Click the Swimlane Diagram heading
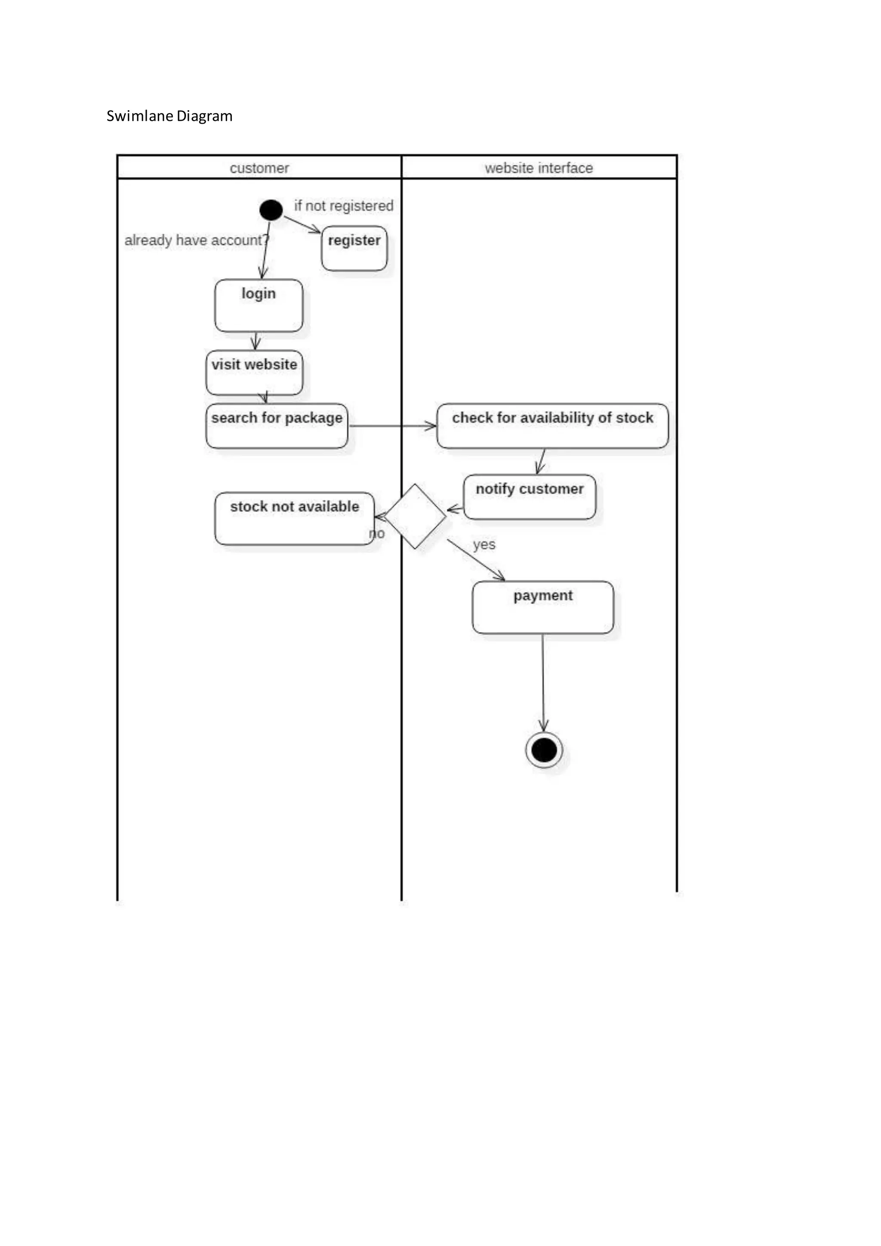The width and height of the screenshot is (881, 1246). click(x=169, y=116)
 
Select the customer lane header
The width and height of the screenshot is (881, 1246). click(x=259, y=168)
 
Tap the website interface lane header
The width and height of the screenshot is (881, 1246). click(x=539, y=168)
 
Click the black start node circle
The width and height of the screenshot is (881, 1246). click(x=271, y=210)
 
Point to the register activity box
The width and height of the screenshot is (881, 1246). click(x=354, y=249)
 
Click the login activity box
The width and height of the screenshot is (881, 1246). click(x=259, y=305)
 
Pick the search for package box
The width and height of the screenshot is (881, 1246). click(x=277, y=426)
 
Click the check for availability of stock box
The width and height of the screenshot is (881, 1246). click(x=552, y=426)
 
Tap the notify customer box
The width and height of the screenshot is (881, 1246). click(x=530, y=497)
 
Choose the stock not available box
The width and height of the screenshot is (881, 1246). click(x=295, y=519)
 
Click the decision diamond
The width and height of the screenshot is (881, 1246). click(x=415, y=517)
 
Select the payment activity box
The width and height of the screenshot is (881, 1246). click(x=542, y=607)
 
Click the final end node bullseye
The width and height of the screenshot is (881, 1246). click(x=544, y=750)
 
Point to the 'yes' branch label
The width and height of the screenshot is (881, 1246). click(x=484, y=544)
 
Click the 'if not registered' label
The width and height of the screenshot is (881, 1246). click(x=343, y=206)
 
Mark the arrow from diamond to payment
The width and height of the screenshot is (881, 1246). click(x=475, y=559)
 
